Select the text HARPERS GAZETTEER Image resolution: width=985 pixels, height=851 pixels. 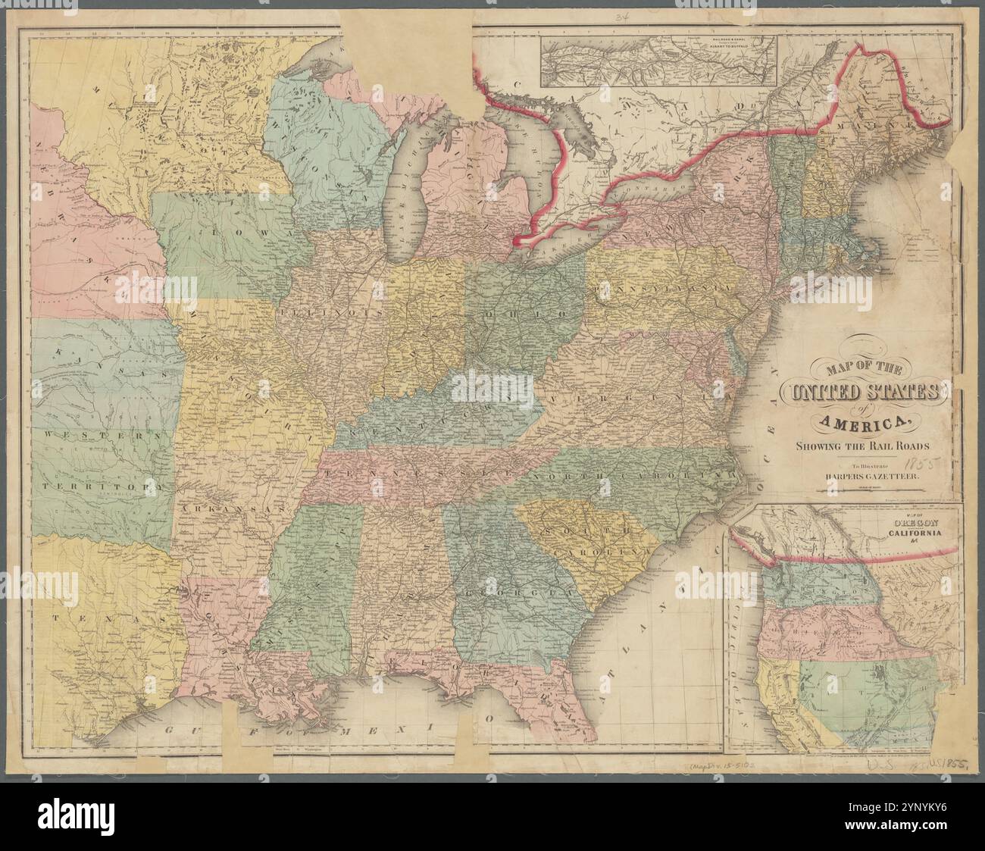click(x=866, y=477)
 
